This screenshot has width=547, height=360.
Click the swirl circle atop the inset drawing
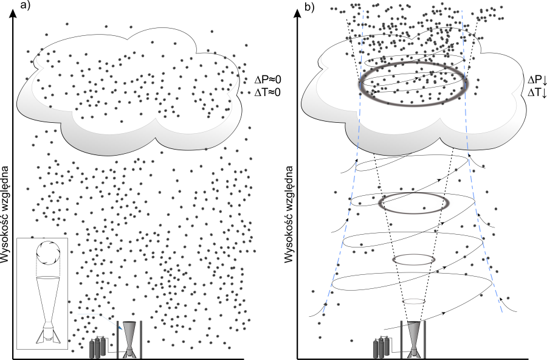click(48, 252)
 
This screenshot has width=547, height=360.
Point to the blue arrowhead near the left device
click(120, 328)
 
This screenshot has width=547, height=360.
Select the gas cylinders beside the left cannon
click(98, 348)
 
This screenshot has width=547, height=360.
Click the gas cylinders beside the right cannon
click(382, 347)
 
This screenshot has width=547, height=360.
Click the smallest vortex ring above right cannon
click(414, 301)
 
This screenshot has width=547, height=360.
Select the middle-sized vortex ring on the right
click(414, 260)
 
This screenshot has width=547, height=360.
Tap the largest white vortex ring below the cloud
click(414, 203)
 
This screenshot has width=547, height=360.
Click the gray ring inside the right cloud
click(413, 84)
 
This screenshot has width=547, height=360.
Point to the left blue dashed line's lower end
click(323, 312)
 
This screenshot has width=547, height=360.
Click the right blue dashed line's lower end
click(502, 311)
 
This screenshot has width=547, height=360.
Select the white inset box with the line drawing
click(42, 293)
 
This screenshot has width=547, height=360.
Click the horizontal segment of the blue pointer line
click(89, 314)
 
